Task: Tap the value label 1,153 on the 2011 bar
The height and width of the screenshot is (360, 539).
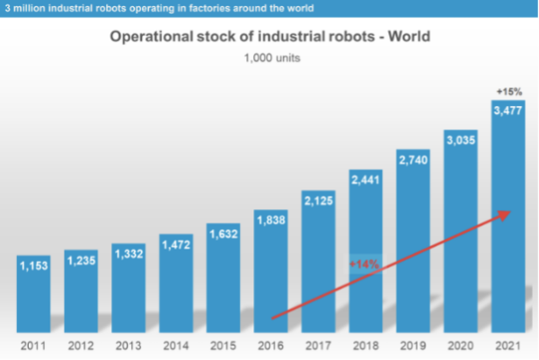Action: point(35,268)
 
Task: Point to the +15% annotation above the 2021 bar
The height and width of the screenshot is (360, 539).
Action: point(508,91)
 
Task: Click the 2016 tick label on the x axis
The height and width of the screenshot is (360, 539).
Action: point(271,346)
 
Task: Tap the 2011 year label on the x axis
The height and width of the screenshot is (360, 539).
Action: point(35,346)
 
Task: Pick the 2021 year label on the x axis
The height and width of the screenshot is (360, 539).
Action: point(508,346)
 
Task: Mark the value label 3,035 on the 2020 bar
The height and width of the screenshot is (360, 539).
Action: point(461,141)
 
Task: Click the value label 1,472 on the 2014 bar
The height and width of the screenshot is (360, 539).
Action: point(177,242)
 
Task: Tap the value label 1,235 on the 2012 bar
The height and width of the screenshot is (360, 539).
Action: point(82,261)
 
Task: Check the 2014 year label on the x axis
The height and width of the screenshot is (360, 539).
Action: point(177,346)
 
